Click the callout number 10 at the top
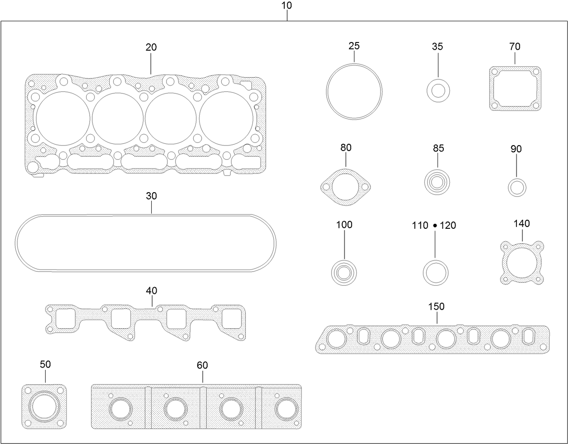point(287,5)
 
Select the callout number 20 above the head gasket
point(151,47)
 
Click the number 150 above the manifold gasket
point(436,307)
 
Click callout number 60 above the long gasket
point(202,365)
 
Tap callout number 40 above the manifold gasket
point(152,290)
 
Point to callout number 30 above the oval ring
point(151,196)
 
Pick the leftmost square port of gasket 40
point(65,318)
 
